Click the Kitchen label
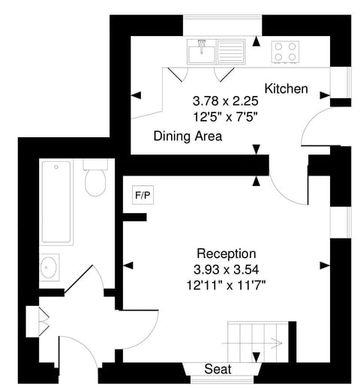[x=286, y=88]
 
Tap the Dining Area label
[x=187, y=136]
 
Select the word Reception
[x=226, y=253]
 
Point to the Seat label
[x=217, y=370]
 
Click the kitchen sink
[x=201, y=52]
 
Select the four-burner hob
[x=284, y=51]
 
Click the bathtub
[x=56, y=202]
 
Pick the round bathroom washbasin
[x=51, y=266]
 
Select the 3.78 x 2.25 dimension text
[x=226, y=100]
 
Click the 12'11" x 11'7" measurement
[x=226, y=284]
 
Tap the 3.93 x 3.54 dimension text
[x=226, y=269]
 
